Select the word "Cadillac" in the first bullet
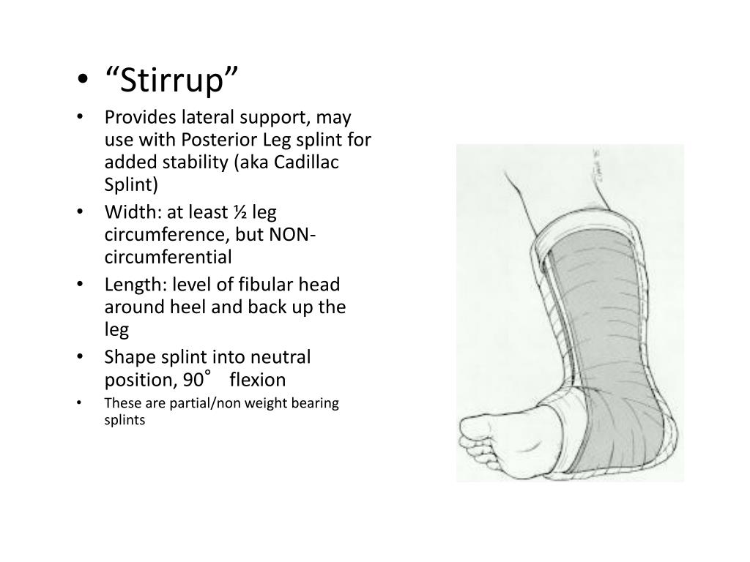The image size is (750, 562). pos(307,162)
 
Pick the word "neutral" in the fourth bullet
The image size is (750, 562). pos(282,358)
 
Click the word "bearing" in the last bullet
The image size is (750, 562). pos(314,404)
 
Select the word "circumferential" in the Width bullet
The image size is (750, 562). pos(168,257)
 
